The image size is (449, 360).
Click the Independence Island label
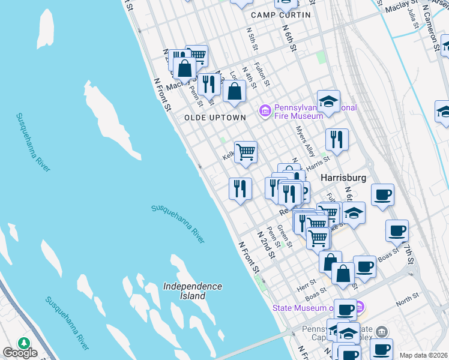(x=193, y=291)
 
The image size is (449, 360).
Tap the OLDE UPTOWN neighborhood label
(x=215, y=118)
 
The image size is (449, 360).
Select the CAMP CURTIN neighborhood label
(x=281, y=15)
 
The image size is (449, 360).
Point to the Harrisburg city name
(x=343, y=178)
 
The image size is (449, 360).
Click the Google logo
(x=20, y=353)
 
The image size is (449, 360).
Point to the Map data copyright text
(x=423, y=355)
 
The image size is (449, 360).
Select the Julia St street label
(x=412, y=18)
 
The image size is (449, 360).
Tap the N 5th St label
(x=252, y=38)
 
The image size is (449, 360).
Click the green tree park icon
(x=24, y=343)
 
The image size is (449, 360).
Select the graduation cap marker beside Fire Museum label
(x=328, y=102)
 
